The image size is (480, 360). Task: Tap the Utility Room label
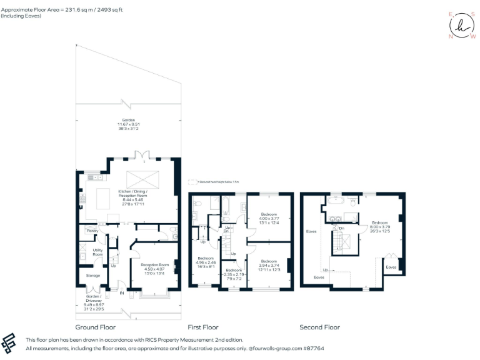coord(97,252)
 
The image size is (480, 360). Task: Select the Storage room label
coord(93,275)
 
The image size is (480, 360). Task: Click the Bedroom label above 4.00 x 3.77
coord(269,214)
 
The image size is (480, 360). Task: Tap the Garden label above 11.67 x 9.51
coord(129,121)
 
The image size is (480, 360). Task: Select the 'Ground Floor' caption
coord(95,327)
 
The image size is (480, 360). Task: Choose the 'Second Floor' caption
coord(319,327)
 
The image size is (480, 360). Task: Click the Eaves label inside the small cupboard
coord(391,267)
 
